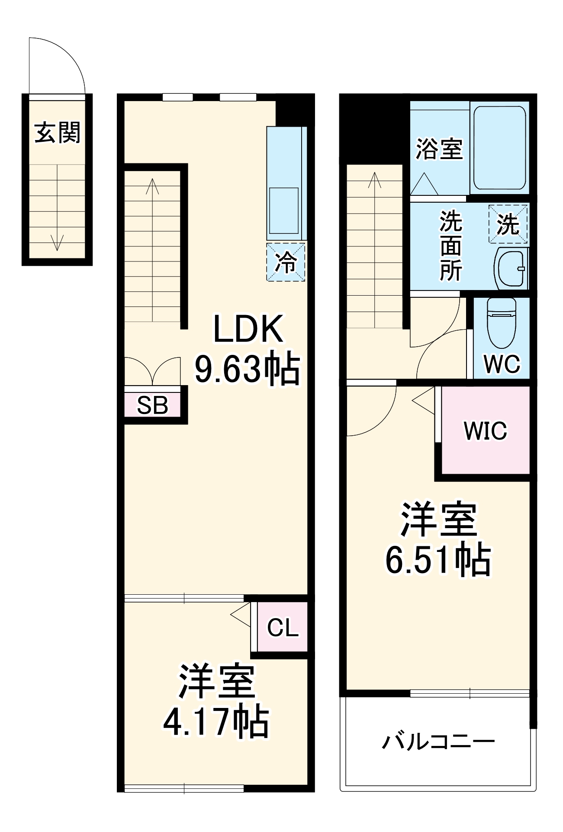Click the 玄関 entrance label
click(58, 132)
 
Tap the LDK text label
click(248, 329)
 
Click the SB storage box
click(152, 405)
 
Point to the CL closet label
click(283, 627)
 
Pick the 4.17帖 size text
click(216, 722)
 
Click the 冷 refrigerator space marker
click(286, 262)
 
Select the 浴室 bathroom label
click(439, 149)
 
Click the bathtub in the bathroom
click(500, 147)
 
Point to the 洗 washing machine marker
click(508, 224)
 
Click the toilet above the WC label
click(502, 322)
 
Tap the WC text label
click(502, 364)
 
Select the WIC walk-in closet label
click(485, 430)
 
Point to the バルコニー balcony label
click(438, 742)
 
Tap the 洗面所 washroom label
click(450, 246)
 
